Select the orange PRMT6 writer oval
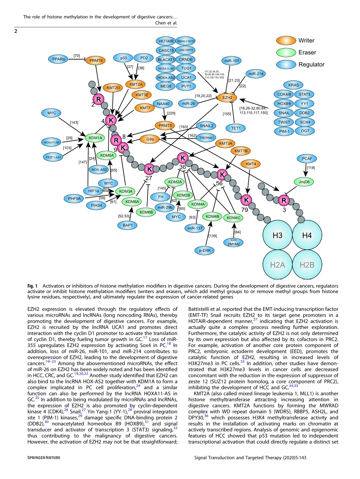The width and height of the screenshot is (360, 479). pos(97,60)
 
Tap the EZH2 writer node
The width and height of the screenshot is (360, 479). pos(227,97)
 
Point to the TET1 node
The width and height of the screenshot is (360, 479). pos(236,128)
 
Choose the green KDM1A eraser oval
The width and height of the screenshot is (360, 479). pos(95,138)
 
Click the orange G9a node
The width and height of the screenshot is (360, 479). pos(150,139)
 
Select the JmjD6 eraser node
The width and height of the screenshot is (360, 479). pos(304,182)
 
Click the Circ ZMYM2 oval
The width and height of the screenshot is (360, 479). pos(233,242)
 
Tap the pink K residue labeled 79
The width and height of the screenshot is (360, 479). pos(246,199)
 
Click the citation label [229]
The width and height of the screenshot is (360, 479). pos(171,113)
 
